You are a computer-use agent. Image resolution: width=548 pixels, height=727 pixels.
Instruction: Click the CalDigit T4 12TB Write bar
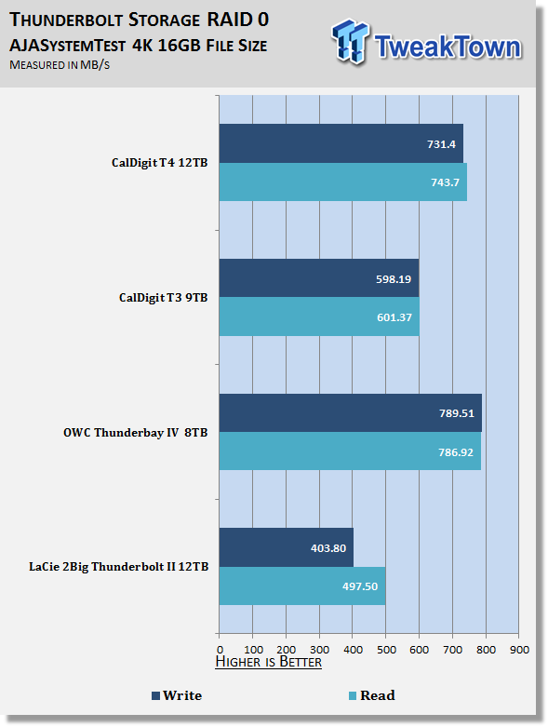(x=341, y=143)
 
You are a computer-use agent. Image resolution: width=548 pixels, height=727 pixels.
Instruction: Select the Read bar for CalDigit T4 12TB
(x=342, y=182)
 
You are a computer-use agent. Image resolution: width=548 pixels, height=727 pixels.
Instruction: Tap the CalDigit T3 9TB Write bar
(x=319, y=278)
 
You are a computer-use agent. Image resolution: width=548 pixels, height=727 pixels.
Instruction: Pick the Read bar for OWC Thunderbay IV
(x=350, y=451)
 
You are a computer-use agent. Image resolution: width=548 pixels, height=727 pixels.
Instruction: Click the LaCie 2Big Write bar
(x=287, y=547)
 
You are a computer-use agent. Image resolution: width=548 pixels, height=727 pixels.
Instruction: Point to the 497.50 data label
(x=360, y=586)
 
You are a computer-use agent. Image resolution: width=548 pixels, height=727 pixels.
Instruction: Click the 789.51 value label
(x=457, y=413)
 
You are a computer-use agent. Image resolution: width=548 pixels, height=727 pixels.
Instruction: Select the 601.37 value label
(x=394, y=317)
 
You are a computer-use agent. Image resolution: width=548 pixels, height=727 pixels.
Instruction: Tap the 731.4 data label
(x=441, y=144)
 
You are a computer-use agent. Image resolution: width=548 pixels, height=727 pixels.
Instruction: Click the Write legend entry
(x=177, y=695)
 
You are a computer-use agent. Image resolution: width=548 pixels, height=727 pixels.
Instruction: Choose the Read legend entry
(x=372, y=695)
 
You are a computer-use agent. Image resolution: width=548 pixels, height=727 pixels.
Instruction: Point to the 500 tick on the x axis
(x=386, y=650)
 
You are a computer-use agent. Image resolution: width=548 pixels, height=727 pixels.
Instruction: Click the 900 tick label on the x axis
(x=519, y=650)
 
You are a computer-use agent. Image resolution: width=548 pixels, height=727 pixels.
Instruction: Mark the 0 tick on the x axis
(x=220, y=650)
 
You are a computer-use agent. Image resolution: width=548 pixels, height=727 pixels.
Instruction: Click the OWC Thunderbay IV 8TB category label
(x=135, y=433)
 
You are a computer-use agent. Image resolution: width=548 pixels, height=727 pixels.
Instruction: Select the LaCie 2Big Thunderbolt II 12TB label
(x=118, y=567)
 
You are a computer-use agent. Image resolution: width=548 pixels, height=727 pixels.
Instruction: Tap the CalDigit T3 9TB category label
(x=163, y=298)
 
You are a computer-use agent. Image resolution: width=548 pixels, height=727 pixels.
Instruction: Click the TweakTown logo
(x=427, y=42)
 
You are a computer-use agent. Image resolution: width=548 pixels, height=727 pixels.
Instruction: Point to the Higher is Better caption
(x=269, y=662)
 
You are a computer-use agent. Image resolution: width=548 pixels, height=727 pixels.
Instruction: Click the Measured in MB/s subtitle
(x=60, y=65)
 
